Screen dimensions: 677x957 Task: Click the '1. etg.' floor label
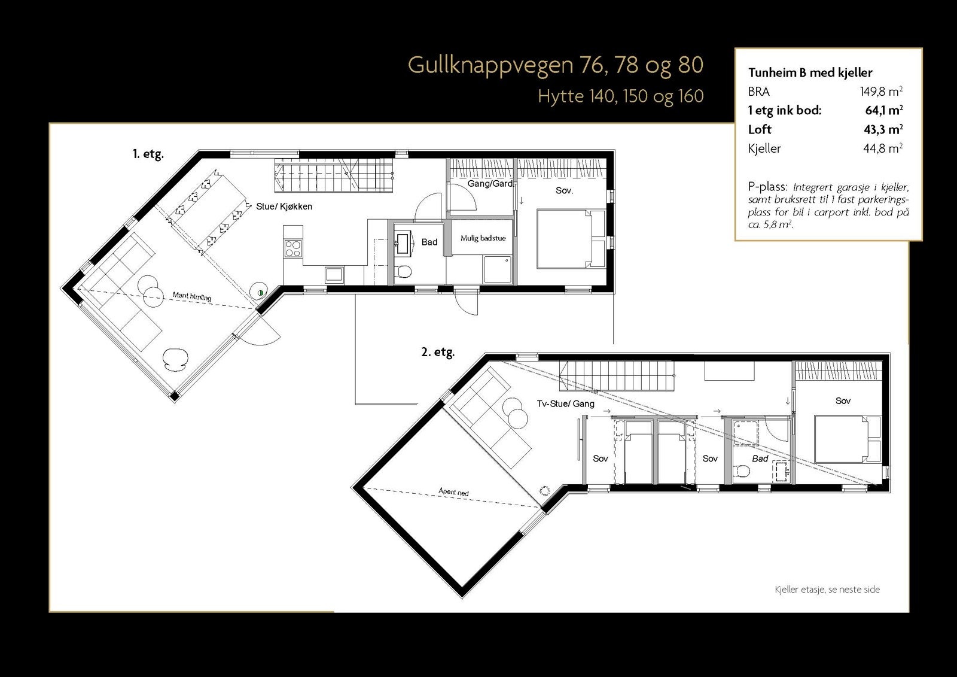[148, 154]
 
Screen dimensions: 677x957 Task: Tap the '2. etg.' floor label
[438, 353]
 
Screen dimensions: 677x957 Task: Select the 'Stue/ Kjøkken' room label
[284, 207]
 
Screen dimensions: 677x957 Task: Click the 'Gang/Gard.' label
[490, 184]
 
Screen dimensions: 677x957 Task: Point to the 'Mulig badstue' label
[483, 238]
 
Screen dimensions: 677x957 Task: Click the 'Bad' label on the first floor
[429, 242]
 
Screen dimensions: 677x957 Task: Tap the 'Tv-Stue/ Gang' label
[565, 404]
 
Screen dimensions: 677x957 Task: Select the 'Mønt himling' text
[191, 296]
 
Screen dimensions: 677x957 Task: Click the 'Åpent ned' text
[454, 492]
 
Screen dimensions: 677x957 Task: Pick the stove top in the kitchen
[293, 248]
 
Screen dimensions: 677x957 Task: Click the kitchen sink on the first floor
[334, 275]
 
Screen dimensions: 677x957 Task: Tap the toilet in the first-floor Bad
[403, 272]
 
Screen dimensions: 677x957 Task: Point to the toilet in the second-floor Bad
[743, 471]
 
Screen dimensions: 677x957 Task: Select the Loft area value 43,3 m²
[883, 129]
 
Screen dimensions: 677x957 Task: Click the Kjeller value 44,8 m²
[882, 148]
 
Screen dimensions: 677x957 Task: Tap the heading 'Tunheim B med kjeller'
[810, 73]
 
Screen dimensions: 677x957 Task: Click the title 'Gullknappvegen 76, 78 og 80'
[555, 65]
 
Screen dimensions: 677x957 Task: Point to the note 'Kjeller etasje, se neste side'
[827, 590]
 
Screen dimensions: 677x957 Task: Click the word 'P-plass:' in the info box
[767, 187]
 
